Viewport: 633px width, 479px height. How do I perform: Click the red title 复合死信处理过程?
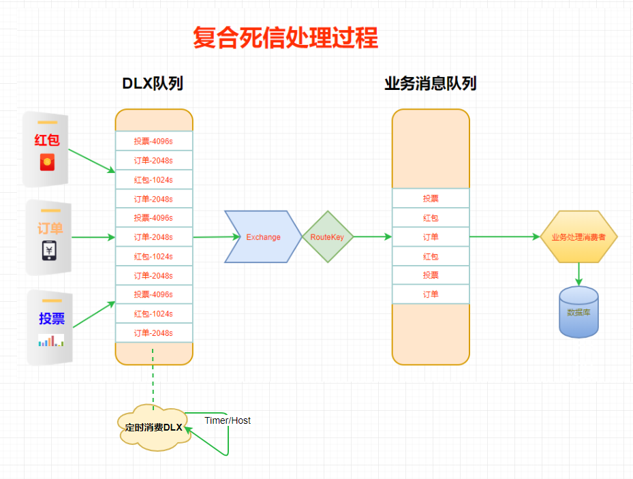click(x=285, y=38)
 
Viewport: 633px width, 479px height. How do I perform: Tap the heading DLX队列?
click(x=153, y=84)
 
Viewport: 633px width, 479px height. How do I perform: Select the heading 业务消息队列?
click(x=430, y=84)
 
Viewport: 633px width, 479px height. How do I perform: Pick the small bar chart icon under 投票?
click(x=50, y=340)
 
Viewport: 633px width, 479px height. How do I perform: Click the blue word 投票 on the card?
click(x=52, y=318)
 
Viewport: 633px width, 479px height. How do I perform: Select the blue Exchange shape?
click(x=263, y=236)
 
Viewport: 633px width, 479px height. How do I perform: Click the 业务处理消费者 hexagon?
click(x=578, y=236)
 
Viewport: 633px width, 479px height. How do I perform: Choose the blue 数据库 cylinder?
click(x=578, y=312)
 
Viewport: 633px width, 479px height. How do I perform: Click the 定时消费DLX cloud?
click(x=153, y=428)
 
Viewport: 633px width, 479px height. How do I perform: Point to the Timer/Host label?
click(x=228, y=420)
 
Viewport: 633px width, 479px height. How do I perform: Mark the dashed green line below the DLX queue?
click(x=153, y=378)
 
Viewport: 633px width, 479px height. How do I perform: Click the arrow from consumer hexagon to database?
click(x=578, y=274)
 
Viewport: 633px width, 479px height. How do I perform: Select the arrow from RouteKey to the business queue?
click(x=373, y=236)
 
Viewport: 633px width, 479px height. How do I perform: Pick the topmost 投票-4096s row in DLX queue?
click(x=153, y=141)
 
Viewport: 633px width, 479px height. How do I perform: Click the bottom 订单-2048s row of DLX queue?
click(x=153, y=333)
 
